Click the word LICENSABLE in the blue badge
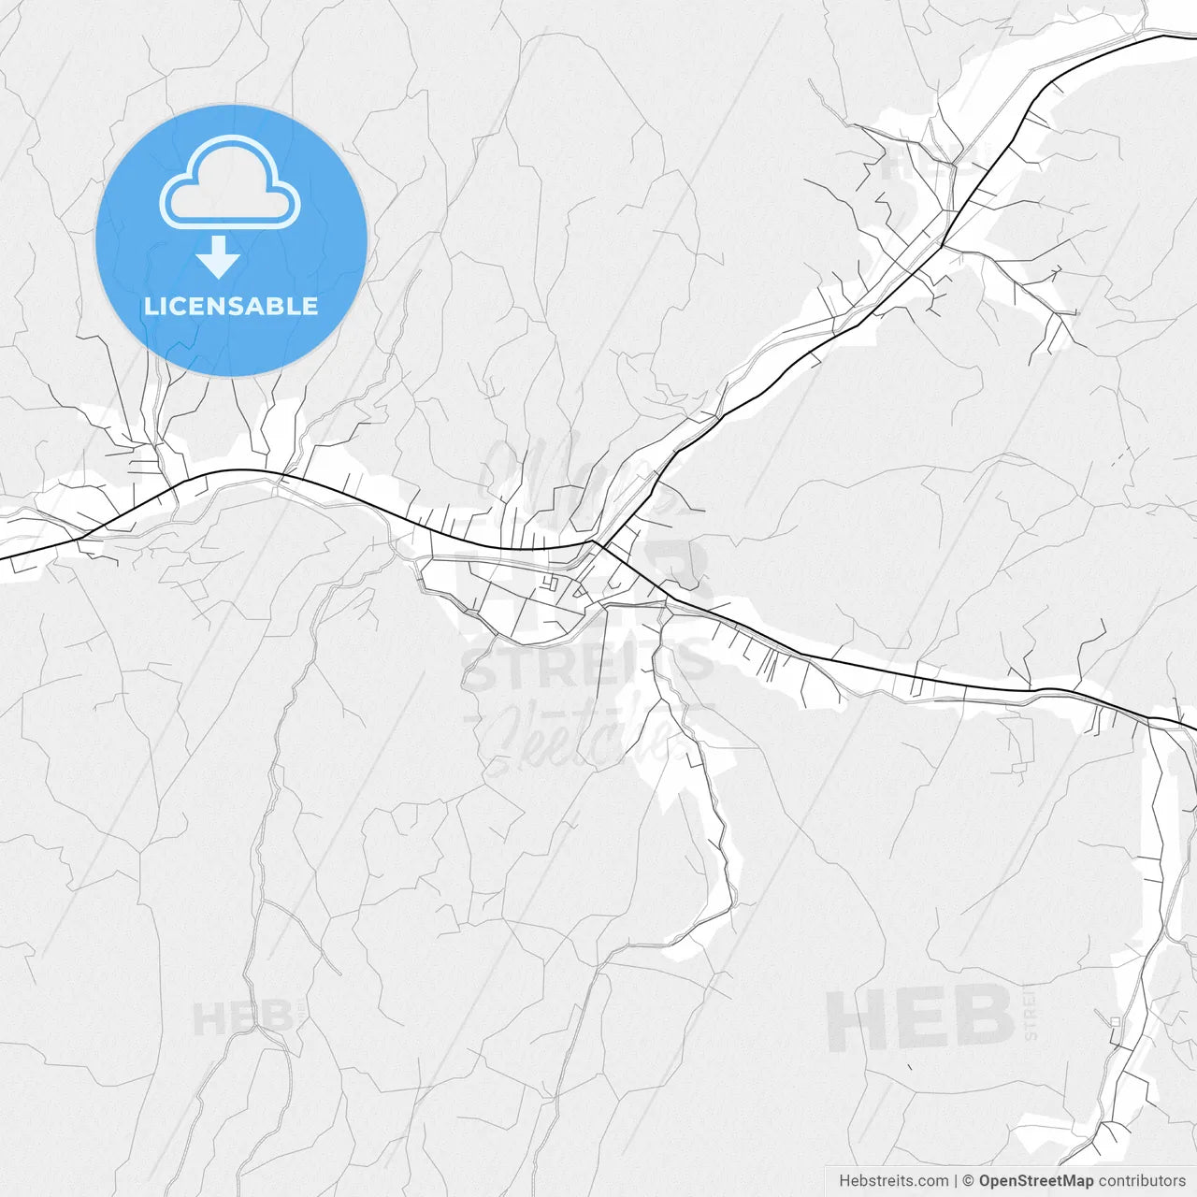[231, 306]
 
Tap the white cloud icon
[230, 183]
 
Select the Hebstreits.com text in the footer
[893, 1181]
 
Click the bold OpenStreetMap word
[1035, 1181]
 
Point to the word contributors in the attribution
[1142, 1181]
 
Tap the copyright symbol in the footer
[968, 1181]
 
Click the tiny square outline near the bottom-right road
[1115, 1021]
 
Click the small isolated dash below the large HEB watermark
[910, 1067]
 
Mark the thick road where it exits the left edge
[4, 558]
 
